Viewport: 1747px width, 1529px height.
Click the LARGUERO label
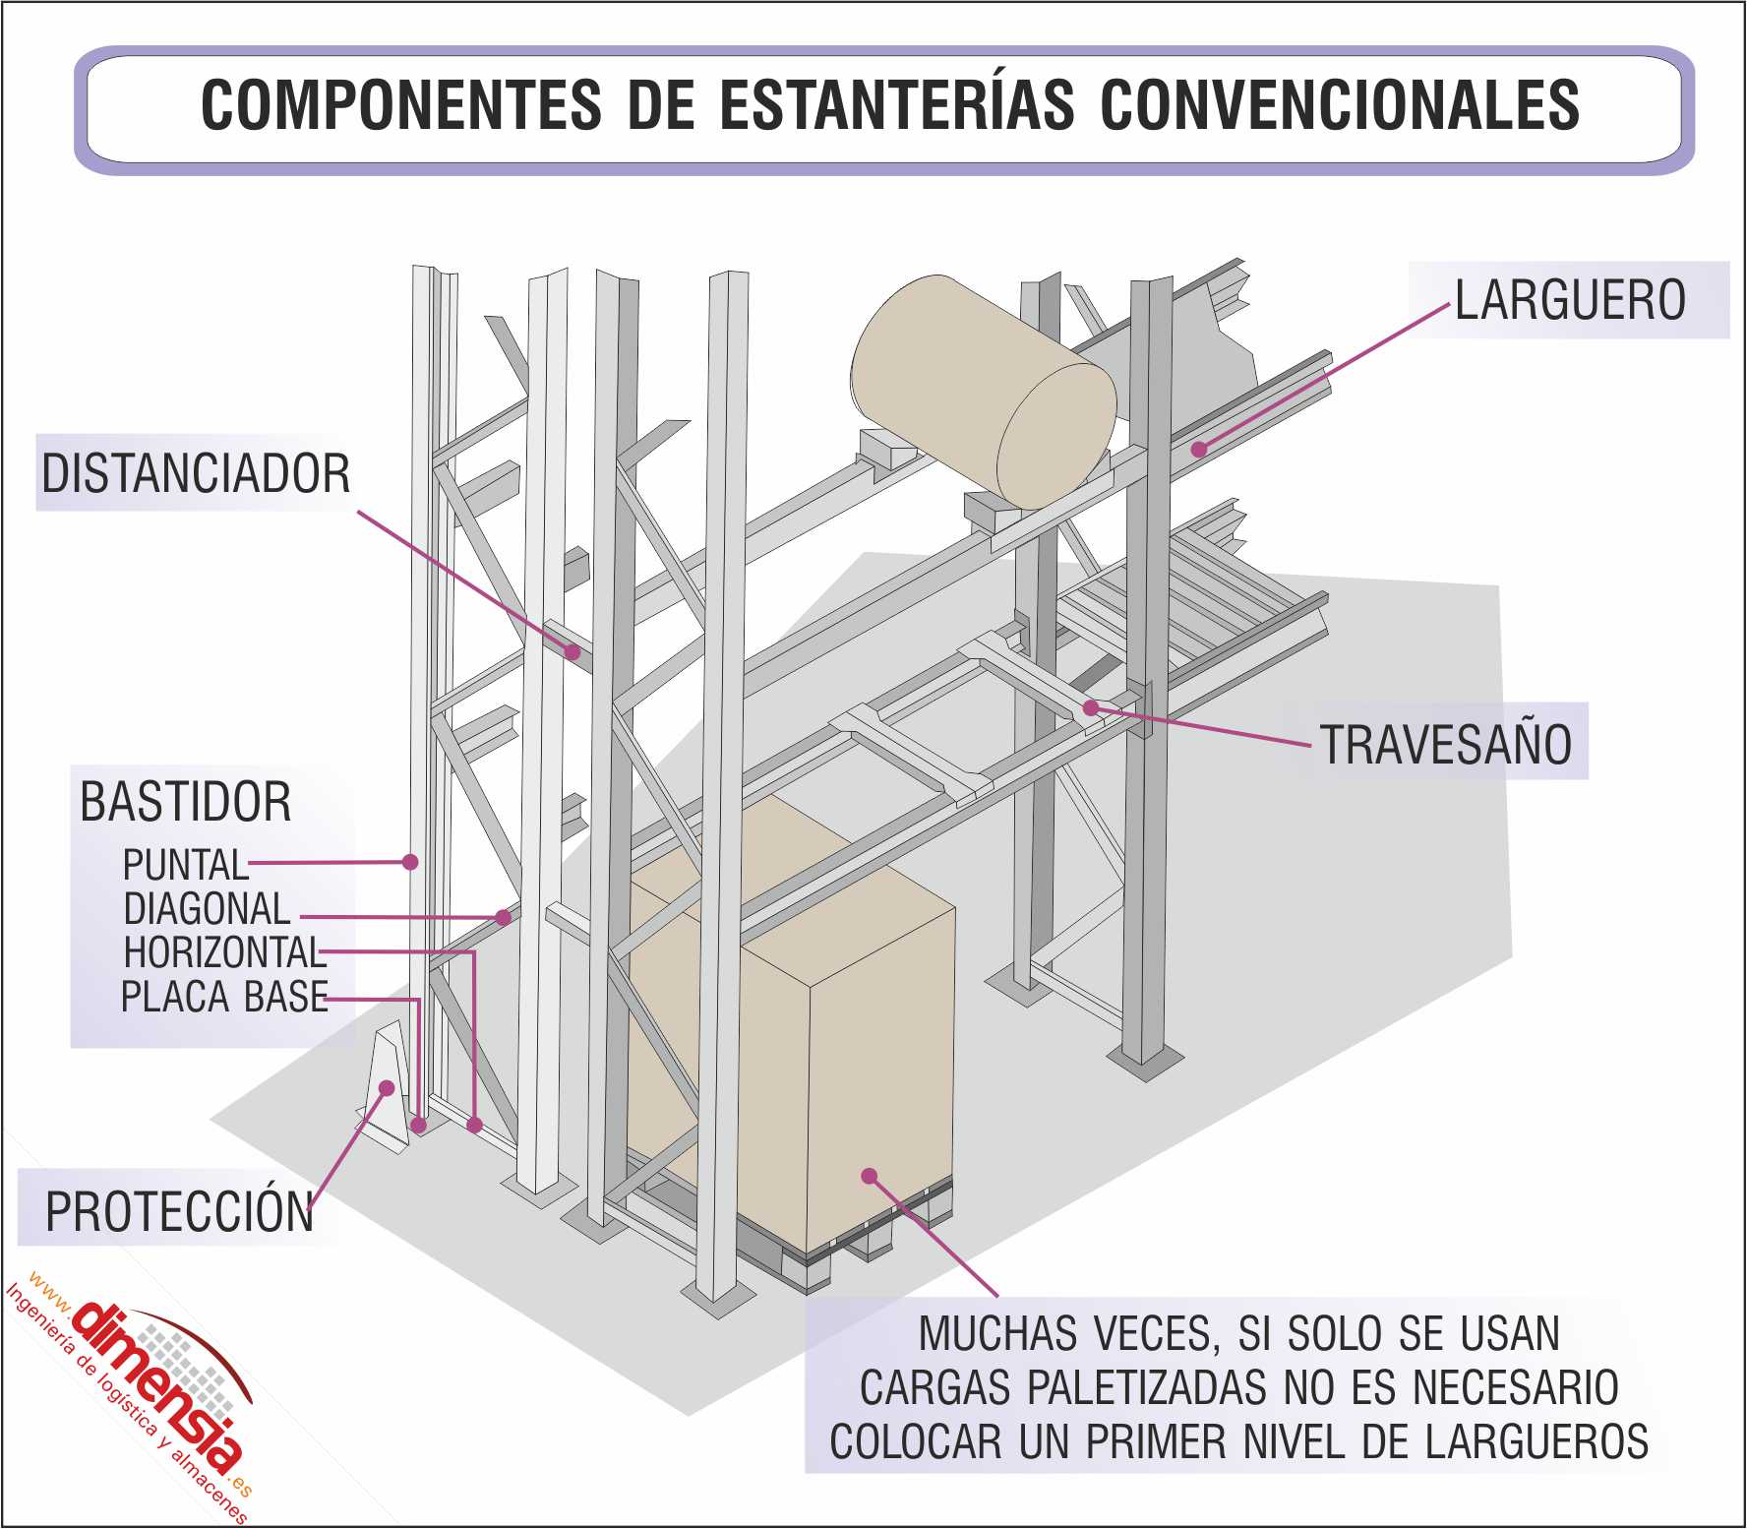pyautogui.click(x=1570, y=300)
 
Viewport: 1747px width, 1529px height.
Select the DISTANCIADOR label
pyautogui.click(x=196, y=473)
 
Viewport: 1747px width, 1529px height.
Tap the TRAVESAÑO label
pyautogui.click(x=1445, y=744)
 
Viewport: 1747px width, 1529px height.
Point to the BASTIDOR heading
pyautogui.click(x=186, y=802)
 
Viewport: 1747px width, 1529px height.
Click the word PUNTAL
pyautogui.click(x=185, y=865)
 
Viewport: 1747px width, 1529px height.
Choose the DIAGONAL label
pyautogui.click(x=207, y=908)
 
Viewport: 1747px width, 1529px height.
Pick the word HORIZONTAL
pyautogui.click(x=223, y=952)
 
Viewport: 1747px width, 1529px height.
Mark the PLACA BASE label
pyautogui.click(x=224, y=997)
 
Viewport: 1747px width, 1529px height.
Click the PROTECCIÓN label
pyautogui.click(x=180, y=1212)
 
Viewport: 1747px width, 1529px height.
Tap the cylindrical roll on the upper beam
pyautogui.click(x=984, y=392)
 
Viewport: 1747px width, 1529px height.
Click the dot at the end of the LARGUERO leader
pyautogui.click(x=1199, y=450)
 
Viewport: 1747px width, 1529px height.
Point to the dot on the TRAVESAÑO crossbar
pyautogui.click(x=1090, y=707)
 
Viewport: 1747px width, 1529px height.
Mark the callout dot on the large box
pyautogui.click(x=869, y=1175)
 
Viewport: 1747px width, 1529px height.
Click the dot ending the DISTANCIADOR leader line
pyautogui.click(x=572, y=650)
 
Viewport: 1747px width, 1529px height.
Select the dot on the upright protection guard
pyautogui.click(x=387, y=1088)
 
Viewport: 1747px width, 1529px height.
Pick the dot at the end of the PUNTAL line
pyautogui.click(x=411, y=862)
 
